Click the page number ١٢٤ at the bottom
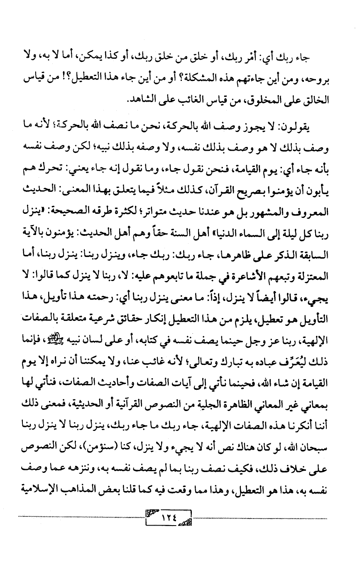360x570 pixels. [x=168, y=518]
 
